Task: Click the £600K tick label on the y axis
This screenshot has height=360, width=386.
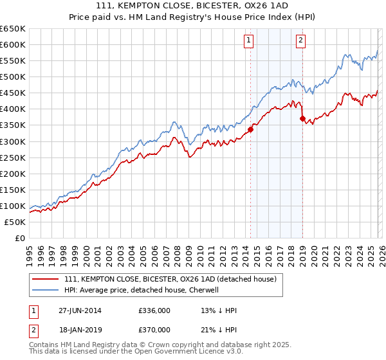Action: coord(13,44)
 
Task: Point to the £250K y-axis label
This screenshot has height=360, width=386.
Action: coord(13,157)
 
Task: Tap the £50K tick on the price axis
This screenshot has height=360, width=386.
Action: coord(15,222)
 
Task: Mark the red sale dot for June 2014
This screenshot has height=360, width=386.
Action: coord(250,129)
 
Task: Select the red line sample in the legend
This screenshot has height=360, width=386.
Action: coord(46,279)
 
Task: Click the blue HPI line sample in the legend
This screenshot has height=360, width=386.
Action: coord(46,290)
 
